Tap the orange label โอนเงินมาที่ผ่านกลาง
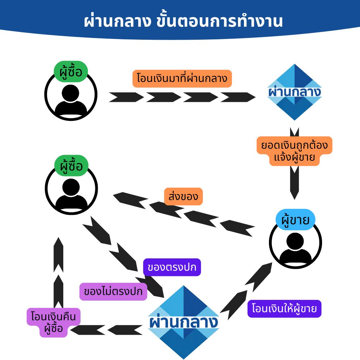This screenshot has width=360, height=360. pos(182,79)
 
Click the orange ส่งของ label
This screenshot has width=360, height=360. pos(183,197)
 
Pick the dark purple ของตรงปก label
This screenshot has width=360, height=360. pos(172,268)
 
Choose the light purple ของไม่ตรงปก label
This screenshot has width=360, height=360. pos(113,291)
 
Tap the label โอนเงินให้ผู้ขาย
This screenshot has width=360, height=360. pos(284,309)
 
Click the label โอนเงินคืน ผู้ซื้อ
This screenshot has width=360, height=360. pos(53,322)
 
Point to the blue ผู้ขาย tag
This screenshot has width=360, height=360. pos(295,220)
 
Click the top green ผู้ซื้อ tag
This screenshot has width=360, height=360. pos(71,72)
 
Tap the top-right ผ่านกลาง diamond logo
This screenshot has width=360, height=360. pos(294,92)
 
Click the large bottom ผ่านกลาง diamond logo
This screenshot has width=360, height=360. pos(183,322)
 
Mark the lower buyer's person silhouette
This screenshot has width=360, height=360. pos(71,194)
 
